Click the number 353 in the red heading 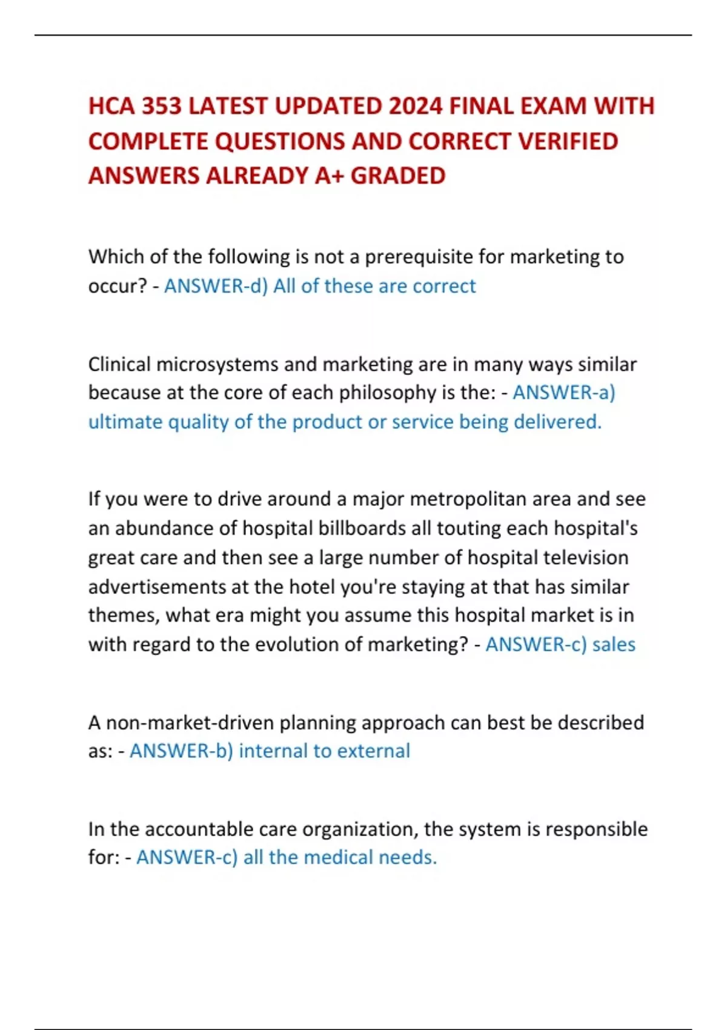click(162, 107)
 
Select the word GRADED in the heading click(398, 176)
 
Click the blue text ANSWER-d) click(216, 286)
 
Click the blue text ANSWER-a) click(563, 393)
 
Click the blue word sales click(614, 644)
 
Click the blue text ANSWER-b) click(181, 751)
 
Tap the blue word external click(373, 751)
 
